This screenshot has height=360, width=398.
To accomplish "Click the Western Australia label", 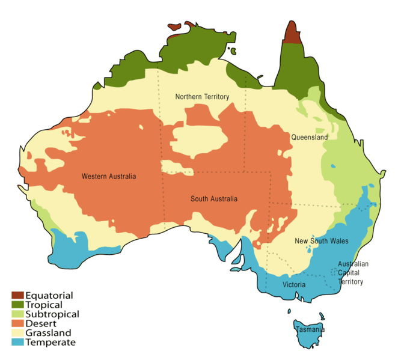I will click(109, 177).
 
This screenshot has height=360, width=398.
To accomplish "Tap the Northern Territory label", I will click(202, 97).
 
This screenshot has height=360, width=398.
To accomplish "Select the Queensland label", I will click(310, 138).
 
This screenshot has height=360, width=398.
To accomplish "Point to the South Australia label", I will click(214, 199).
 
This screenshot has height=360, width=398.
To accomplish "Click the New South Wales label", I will click(322, 241).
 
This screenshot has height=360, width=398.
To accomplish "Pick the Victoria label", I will click(295, 284).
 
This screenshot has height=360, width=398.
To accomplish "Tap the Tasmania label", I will click(310, 330).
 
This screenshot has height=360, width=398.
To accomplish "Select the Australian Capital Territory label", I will click(353, 272).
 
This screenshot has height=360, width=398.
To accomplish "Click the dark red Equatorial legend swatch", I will click(17, 295).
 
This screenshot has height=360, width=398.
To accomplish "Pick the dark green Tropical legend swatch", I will click(17, 305).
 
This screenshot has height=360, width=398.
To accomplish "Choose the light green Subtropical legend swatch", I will click(17, 314).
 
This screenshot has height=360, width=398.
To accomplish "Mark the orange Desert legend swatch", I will click(17, 323).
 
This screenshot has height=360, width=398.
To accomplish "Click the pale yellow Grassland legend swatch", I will click(17, 333).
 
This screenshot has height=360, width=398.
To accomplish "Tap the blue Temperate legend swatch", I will click(17, 343).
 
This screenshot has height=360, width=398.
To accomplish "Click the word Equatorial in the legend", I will click(50, 295).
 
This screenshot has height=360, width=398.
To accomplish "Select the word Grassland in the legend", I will click(49, 333).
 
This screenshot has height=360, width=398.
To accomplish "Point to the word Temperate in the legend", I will click(51, 343).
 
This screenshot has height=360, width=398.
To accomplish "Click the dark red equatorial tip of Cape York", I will click(292, 34).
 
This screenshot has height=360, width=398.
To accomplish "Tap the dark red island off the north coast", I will click(174, 27).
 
